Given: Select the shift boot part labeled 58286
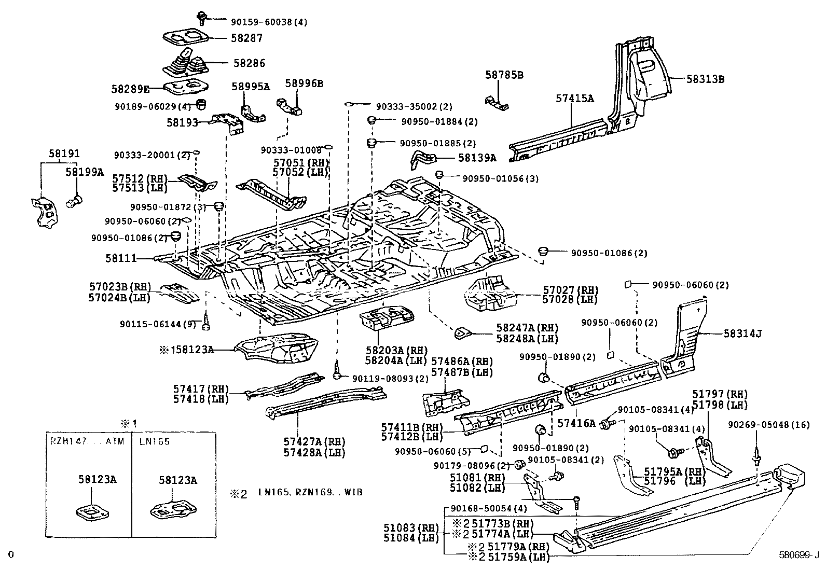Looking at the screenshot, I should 185,63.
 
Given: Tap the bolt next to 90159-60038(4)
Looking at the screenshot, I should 202,19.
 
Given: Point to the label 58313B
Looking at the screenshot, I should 705,79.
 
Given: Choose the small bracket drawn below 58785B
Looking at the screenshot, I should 497,103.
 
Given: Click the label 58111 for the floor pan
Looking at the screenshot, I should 121,258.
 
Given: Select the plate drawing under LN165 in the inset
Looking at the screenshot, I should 172,508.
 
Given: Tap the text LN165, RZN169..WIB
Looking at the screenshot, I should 310,492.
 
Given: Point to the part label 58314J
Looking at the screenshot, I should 742,333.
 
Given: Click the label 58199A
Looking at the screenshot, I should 84,172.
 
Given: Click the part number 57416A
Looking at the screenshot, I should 576,423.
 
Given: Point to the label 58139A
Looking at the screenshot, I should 477,158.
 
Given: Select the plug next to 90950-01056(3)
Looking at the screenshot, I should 439,174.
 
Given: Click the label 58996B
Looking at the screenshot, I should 304,83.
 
